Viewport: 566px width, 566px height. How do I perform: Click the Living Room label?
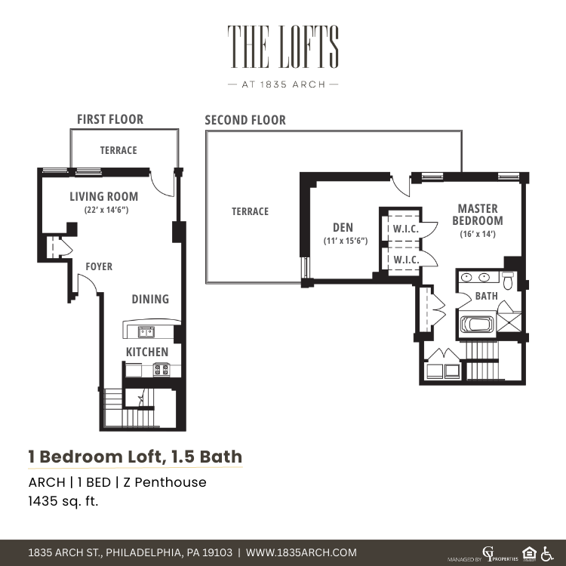pyautogui.click(x=104, y=197)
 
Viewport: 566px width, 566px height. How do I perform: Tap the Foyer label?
pyautogui.click(x=99, y=266)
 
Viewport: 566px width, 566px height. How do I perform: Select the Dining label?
pyautogui.click(x=150, y=300)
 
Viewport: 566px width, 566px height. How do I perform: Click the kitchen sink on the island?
pyautogui.click(x=146, y=332)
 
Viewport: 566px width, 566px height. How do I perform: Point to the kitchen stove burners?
pyautogui.click(x=161, y=370)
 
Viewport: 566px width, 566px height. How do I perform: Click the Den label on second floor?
pyautogui.click(x=343, y=227)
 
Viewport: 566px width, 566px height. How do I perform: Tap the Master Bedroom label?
pyautogui.click(x=478, y=214)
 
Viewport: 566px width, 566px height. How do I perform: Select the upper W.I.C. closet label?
pyautogui.click(x=406, y=229)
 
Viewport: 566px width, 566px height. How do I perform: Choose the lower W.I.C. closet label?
pyautogui.click(x=406, y=260)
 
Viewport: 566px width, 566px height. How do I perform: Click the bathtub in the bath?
pyautogui.click(x=477, y=325)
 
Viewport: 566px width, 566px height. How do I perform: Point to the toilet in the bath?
pyautogui.click(x=508, y=281)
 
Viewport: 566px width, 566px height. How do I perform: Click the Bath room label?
pyautogui.click(x=486, y=296)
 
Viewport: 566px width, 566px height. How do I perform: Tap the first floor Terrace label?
pyautogui.click(x=118, y=150)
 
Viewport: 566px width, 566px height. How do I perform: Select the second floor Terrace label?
pyautogui.click(x=250, y=211)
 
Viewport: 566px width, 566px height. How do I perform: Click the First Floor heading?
pyautogui.click(x=110, y=119)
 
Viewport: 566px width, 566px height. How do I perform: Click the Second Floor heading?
pyautogui.click(x=245, y=120)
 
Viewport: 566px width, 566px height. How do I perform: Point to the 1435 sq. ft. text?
pyautogui.click(x=63, y=501)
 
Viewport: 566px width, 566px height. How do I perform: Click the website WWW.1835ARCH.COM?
pyautogui.click(x=301, y=552)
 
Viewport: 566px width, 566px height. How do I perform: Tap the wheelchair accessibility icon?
pyautogui.click(x=547, y=554)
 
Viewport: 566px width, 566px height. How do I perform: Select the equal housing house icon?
pyautogui.click(x=529, y=554)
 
